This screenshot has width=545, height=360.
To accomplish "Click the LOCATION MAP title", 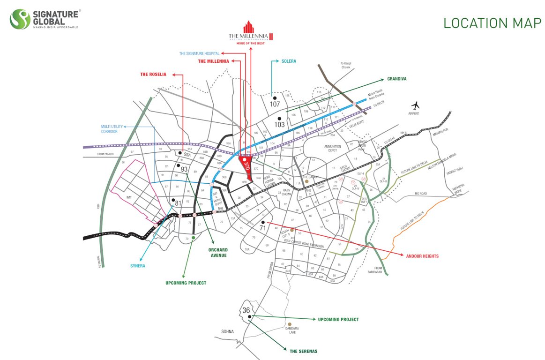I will tap(492, 23).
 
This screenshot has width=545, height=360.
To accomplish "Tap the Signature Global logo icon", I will tap(20, 20).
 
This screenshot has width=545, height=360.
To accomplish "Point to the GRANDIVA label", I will tap(396, 79).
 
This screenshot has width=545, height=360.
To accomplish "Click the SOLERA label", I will tap(289, 61).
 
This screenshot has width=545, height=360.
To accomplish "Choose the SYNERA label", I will tap(138, 266).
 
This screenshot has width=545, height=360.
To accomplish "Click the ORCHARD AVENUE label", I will tap(218, 253).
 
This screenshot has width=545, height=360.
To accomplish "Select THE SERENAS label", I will tap(303, 351).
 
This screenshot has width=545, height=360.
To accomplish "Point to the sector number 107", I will tap(275, 104).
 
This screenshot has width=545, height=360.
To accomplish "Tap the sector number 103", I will tap(280, 125).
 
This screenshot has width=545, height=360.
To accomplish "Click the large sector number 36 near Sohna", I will tap(246, 310).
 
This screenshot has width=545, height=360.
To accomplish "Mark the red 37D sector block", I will tap(245, 164).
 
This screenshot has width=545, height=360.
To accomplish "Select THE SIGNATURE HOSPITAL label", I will tap(206, 53).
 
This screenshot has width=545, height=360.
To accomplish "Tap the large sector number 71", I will tap(263, 228).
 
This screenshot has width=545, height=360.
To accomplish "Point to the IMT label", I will tap(129, 197).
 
